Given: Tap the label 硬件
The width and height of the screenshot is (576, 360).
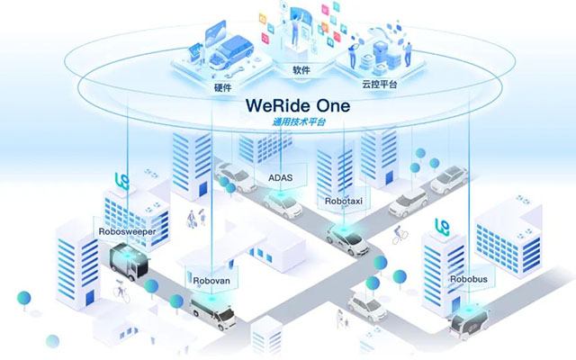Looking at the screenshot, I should tap(224, 87).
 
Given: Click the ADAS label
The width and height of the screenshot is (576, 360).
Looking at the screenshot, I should tap(280, 177).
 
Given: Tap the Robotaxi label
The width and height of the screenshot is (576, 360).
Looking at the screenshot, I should tap(344, 202).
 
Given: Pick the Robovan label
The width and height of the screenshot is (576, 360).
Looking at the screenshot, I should tap(212, 280).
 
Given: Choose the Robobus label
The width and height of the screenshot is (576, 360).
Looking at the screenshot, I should tap(469, 279).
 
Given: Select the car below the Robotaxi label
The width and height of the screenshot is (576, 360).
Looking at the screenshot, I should tap(347, 238).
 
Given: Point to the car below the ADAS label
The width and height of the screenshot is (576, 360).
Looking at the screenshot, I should tap(283, 206).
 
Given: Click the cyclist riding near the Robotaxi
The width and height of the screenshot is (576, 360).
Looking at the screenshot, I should tap(399, 234).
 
